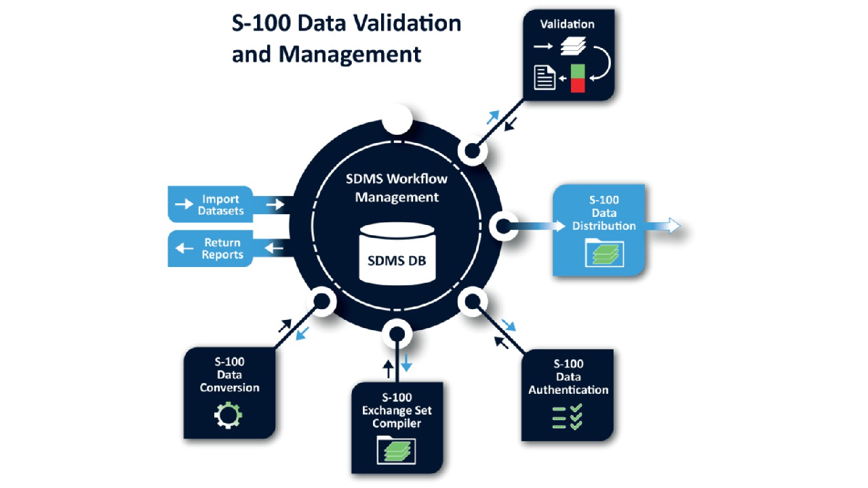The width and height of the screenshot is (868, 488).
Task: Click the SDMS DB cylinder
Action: tap(397, 253)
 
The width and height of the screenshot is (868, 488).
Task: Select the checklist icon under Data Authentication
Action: tap(568, 417)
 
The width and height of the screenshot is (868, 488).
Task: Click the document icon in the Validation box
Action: tap(545, 77)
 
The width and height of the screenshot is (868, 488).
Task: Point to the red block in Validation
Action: tap(577, 85)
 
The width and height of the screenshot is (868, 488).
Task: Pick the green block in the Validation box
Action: tap(577, 71)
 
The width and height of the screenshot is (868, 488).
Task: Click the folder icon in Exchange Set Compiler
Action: tap(396, 450)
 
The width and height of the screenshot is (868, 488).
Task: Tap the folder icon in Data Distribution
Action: tap(604, 253)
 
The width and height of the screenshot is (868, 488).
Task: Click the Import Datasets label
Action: tap(221, 205)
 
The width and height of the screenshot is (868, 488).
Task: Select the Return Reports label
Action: tap(222, 249)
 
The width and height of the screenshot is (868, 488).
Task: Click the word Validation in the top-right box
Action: tap(568, 24)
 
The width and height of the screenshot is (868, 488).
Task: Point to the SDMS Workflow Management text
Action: tap(397, 188)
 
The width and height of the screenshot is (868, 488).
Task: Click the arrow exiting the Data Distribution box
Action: tap(663, 226)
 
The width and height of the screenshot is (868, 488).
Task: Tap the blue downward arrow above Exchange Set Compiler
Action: tap(406, 362)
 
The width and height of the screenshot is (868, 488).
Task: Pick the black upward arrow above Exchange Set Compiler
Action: tap(388, 369)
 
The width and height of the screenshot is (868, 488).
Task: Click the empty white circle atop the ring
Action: tap(397, 119)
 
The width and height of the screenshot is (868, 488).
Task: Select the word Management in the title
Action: tap(349, 55)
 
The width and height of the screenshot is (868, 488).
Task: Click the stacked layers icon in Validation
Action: tap(573, 46)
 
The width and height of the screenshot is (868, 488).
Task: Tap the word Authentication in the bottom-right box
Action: tap(568, 390)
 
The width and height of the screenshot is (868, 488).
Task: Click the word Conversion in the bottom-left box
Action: tap(229, 388)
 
